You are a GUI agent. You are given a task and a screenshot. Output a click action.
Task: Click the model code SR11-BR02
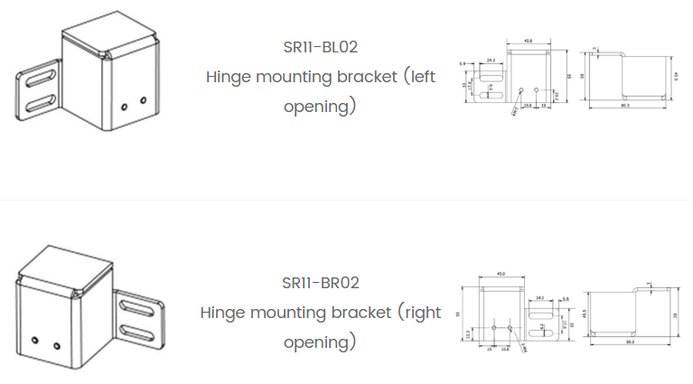coord(322,283)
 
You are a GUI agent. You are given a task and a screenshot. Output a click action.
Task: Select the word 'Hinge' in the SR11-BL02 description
coord(229,77)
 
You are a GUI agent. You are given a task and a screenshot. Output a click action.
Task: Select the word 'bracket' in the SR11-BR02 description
coord(356,313)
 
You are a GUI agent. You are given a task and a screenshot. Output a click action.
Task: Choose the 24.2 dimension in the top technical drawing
coord(489,60)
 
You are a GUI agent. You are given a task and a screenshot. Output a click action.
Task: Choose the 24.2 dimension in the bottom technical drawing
coord(540,297)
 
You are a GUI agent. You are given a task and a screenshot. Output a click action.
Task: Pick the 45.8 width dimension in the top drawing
coord(529,41)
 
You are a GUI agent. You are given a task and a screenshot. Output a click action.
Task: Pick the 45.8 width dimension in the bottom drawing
coord(500,276)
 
